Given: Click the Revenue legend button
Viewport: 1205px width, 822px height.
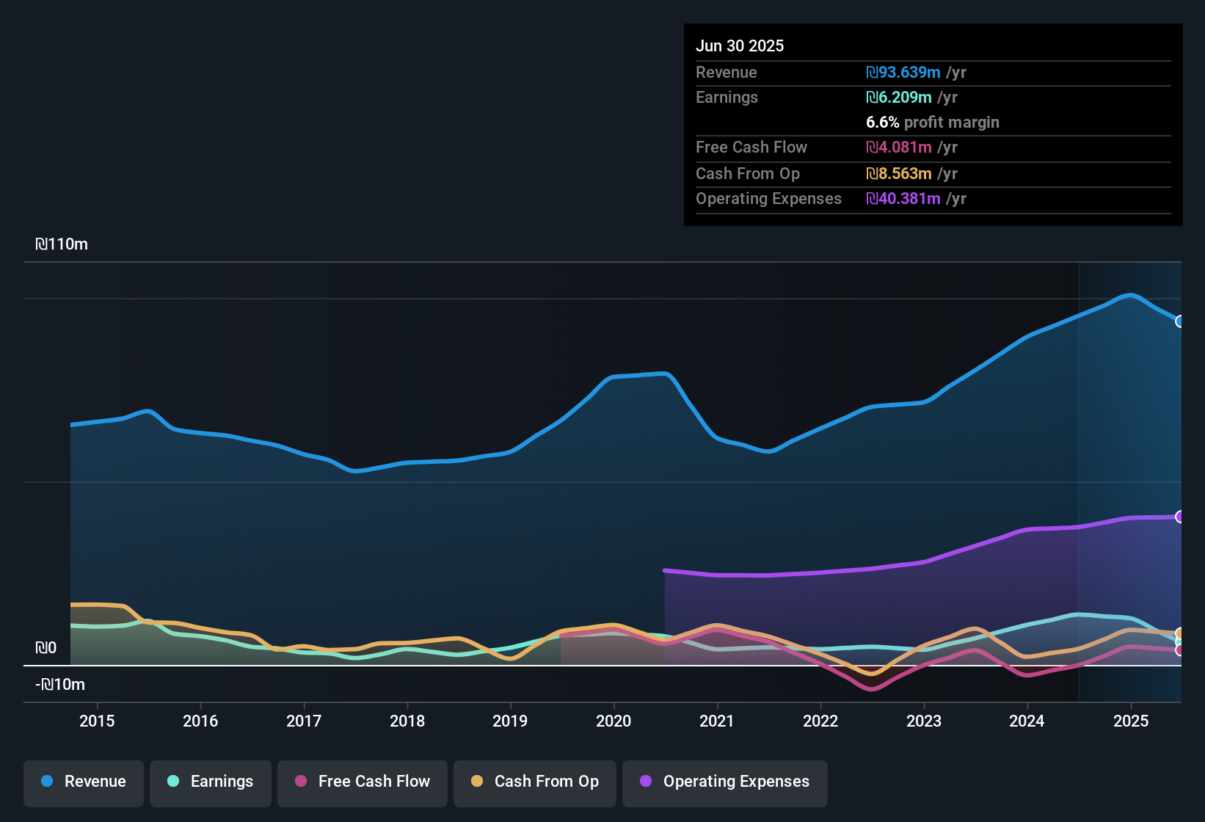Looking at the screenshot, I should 84,782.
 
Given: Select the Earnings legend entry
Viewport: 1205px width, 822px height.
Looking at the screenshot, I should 211,782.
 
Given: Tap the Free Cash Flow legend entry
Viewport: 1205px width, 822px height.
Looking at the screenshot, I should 363,782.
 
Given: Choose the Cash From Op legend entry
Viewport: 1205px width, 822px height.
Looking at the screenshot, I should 535,782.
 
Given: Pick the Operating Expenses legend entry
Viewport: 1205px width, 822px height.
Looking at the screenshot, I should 725,782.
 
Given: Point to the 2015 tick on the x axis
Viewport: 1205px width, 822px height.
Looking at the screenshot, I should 97,721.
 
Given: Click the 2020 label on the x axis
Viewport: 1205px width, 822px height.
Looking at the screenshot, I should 614,721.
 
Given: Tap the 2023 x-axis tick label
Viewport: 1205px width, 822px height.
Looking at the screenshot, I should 924,721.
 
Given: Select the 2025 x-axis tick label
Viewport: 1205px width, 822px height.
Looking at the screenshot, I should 1131,721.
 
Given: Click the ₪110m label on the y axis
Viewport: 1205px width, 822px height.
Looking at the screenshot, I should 62,244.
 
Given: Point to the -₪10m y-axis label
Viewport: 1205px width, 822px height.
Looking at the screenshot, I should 60,685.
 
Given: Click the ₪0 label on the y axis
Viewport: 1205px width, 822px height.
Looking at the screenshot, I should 45,648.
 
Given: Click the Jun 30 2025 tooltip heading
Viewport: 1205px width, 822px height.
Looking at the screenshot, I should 740,46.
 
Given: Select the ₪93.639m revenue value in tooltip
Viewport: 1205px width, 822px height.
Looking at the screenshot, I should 903,73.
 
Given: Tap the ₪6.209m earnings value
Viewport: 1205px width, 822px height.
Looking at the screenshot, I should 899,98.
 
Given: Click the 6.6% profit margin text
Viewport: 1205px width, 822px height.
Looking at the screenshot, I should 933,123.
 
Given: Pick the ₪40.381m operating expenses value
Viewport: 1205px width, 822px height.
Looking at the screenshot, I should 903,199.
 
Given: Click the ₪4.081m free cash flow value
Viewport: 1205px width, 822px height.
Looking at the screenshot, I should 899,148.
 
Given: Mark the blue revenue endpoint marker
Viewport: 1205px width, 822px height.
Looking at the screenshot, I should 1180,321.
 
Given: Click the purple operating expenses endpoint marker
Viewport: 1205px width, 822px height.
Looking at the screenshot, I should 1180,517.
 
